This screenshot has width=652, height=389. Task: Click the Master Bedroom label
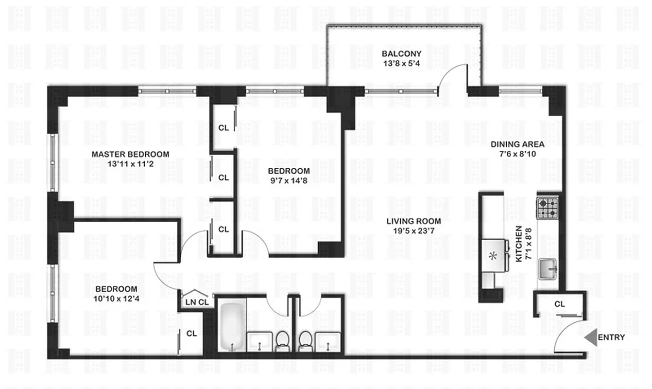tap(131, 154)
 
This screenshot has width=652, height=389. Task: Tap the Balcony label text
tap(401, 53)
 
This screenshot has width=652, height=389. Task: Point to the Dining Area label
tap(517, 144)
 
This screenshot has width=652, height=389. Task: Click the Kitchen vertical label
tap(519, 244)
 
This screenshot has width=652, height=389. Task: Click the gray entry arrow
tap(590, 337)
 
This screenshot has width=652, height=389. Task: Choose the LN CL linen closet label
tap(197, 301)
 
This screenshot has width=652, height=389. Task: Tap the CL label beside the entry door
tap(559, 304)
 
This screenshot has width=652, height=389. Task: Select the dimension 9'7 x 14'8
tap(289, 180)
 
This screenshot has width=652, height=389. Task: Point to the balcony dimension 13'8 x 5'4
tap(401, 63)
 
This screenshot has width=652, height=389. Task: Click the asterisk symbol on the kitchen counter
tap(493, 256)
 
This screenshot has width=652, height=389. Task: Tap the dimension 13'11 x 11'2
tap(131, 164)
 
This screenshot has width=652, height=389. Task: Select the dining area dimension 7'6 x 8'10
tap(517, 154)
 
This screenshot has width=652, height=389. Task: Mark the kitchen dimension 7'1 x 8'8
tap(528, 244)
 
